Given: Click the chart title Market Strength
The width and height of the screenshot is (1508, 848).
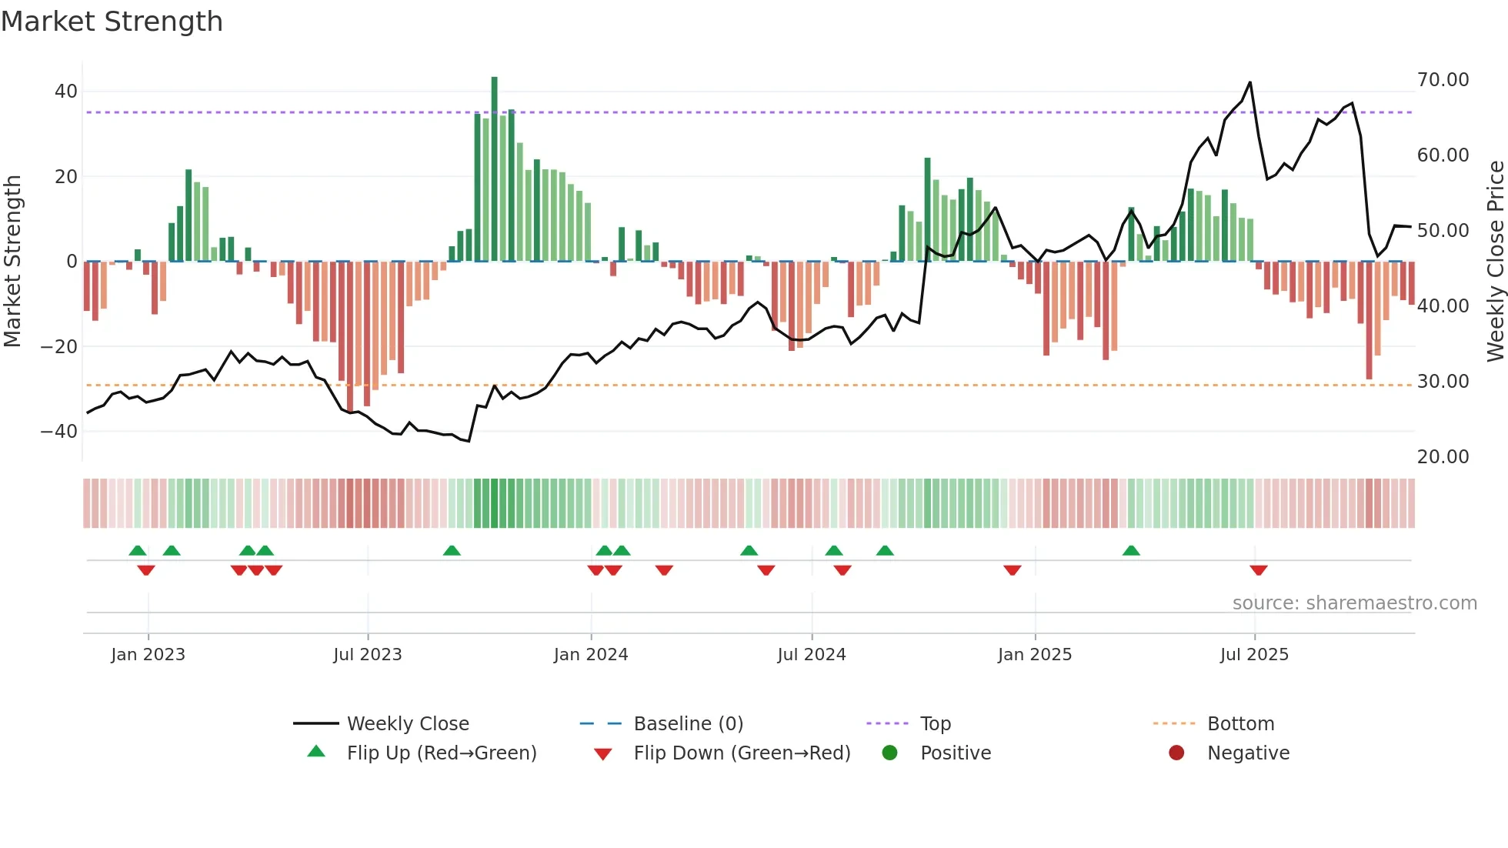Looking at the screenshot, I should [112, 22].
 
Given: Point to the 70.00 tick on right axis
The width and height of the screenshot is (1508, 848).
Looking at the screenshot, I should [1443, 80].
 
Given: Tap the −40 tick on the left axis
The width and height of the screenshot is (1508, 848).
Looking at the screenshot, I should [59, 432].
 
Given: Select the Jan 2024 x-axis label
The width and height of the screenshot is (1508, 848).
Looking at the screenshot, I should [590, 655].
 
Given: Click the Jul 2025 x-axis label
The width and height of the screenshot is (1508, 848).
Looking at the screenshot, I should [1253, 655].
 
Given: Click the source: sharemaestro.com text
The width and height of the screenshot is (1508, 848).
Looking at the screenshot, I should [1354, 603].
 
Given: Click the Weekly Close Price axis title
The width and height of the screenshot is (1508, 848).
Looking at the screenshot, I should [1495, 262].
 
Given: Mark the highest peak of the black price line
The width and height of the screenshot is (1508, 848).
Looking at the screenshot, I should [1249, 82].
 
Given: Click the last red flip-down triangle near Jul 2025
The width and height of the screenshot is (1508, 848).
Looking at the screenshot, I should [1258, 570].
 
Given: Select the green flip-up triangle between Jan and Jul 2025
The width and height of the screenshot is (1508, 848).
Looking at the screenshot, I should [1130, 551].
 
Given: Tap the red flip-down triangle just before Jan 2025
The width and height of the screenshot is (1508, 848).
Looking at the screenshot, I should [1012, 570].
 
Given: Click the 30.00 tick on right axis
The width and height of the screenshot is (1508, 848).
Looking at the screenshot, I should [1443, 382].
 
